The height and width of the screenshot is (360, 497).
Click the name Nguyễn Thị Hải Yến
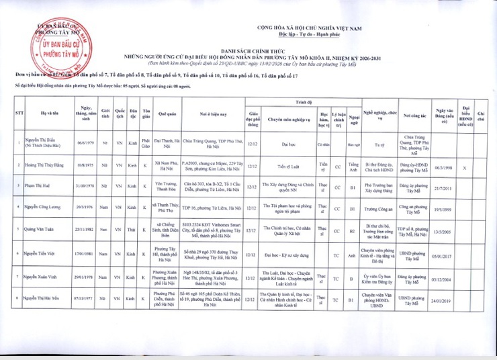click(46, 297)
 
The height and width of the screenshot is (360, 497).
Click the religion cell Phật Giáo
click(146, 142)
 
